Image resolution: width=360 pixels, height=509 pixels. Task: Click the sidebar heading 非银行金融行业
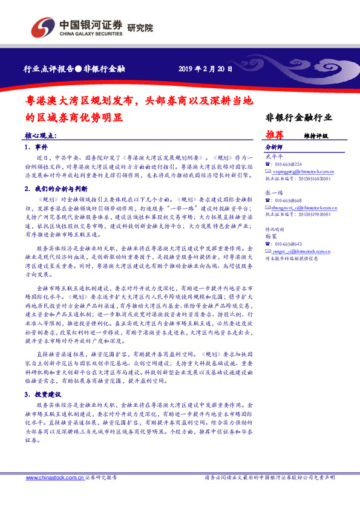pos(299,117)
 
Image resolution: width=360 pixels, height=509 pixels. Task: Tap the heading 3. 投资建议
pos(44,394)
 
